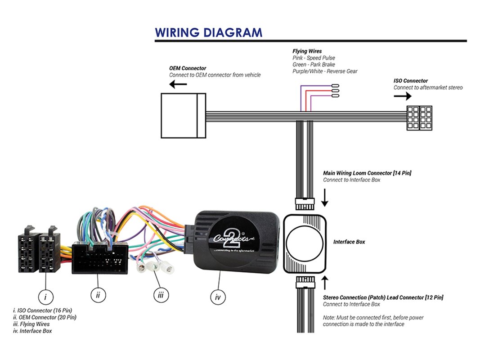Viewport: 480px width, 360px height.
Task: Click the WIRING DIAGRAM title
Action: coord(208,32)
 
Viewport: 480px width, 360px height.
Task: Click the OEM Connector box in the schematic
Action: coord(183,115)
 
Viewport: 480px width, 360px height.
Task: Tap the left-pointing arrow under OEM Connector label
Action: coord(178,84)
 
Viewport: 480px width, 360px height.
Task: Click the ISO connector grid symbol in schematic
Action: coord(419,118)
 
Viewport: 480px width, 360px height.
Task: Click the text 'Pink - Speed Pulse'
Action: coord(314,58)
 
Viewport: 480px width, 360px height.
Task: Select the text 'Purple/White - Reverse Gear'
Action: coord(325,71)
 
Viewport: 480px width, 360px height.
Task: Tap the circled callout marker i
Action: coord(45,297)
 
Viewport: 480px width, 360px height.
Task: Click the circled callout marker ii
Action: coord(98,295)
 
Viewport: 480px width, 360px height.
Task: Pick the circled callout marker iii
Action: coord(161,295)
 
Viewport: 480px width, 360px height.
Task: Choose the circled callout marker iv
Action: coord(218,297)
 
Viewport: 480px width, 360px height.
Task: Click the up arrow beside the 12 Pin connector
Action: coord(325,283)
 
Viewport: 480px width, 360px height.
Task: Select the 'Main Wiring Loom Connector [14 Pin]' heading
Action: coord(367,173)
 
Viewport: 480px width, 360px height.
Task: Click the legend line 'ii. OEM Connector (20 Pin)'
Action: coord(45,317)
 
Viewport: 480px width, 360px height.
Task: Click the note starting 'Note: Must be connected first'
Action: coord(373,321)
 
